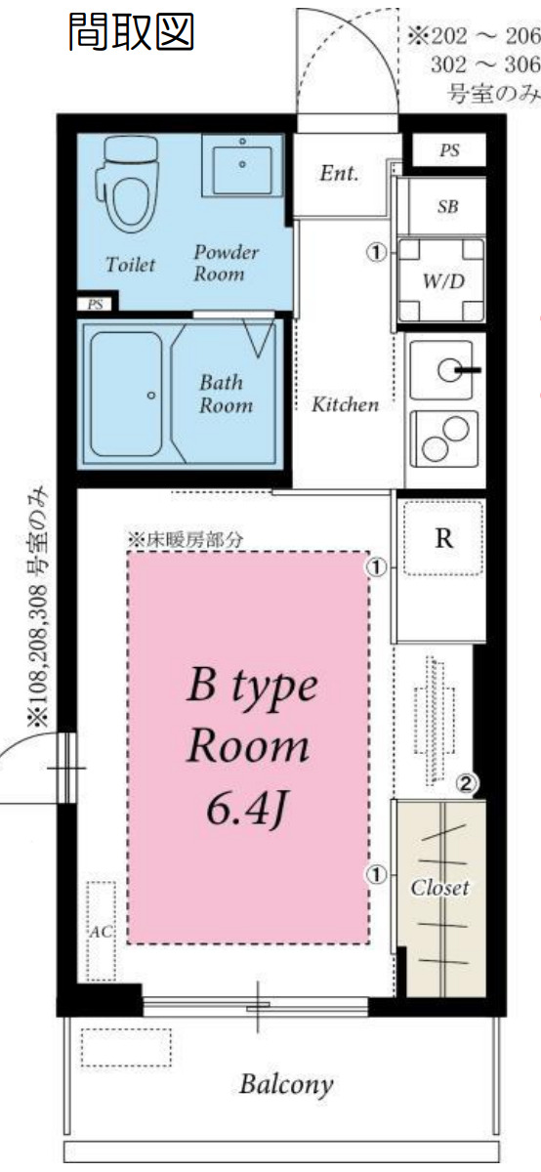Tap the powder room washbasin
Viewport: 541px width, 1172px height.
coord(242,163)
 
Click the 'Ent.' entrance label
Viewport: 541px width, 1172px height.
coord(339,174)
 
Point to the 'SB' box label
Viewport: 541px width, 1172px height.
coord(447,207)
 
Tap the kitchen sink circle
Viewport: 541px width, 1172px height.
coord(448,369)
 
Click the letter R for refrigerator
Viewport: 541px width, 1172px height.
coord(442,539)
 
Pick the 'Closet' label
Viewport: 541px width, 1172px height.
coord(439,888)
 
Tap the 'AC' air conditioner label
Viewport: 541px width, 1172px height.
coord(101,931)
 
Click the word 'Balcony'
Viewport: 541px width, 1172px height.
coord(286,1083)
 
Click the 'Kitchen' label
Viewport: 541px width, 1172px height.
coord(344,403)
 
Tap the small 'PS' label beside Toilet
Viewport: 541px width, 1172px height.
coord(96,305)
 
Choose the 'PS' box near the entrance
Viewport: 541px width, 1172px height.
coord(448,150)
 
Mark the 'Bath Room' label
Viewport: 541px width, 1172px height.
coord(226,393)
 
